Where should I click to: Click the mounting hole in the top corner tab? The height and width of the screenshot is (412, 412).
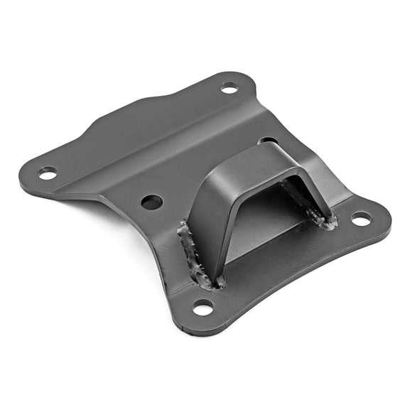click(229, 87)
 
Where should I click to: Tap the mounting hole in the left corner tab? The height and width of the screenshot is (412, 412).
click(48, 172)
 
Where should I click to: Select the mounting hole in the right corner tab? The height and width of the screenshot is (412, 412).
click(361, 219)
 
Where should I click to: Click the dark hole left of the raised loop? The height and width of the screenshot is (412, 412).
click(151, 202)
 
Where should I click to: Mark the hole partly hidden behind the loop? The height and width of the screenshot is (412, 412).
click(268, 141)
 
